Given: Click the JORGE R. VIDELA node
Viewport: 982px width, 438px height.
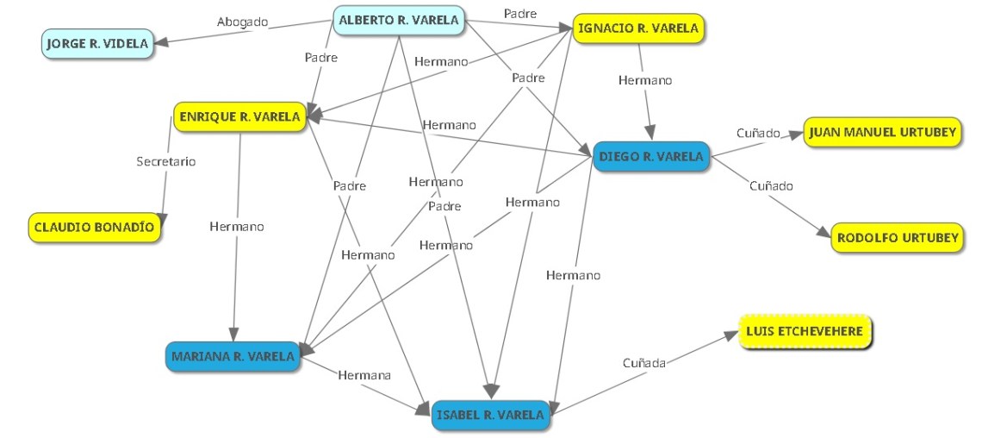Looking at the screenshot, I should pos(96,43).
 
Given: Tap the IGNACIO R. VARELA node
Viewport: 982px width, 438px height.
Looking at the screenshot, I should pos(637,28).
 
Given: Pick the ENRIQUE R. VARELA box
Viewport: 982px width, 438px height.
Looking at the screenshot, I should pos(240,116).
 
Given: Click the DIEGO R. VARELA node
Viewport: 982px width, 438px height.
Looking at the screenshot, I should pos(651,157).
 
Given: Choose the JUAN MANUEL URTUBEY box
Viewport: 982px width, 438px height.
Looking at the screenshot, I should pos(882,133).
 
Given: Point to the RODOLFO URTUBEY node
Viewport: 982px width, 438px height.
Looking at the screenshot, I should pos(896,238).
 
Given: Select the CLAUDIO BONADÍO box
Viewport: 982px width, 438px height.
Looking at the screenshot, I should pos(95,228).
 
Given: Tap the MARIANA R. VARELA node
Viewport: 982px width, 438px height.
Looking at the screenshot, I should pos(233,355).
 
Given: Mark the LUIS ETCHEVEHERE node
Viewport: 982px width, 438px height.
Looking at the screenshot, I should pos(806,332).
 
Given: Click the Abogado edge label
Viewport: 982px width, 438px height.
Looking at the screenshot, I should pos(242,22).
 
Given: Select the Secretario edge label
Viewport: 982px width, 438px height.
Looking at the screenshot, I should pos(166,161).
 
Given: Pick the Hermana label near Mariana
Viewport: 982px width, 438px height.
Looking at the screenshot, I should pos(364,375).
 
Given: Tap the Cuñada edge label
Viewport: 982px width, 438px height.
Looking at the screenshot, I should pos(644,363).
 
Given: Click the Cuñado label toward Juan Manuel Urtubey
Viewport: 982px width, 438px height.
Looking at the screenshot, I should pos(758,134).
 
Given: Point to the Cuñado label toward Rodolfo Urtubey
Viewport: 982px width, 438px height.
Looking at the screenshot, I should pos(771,185).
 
